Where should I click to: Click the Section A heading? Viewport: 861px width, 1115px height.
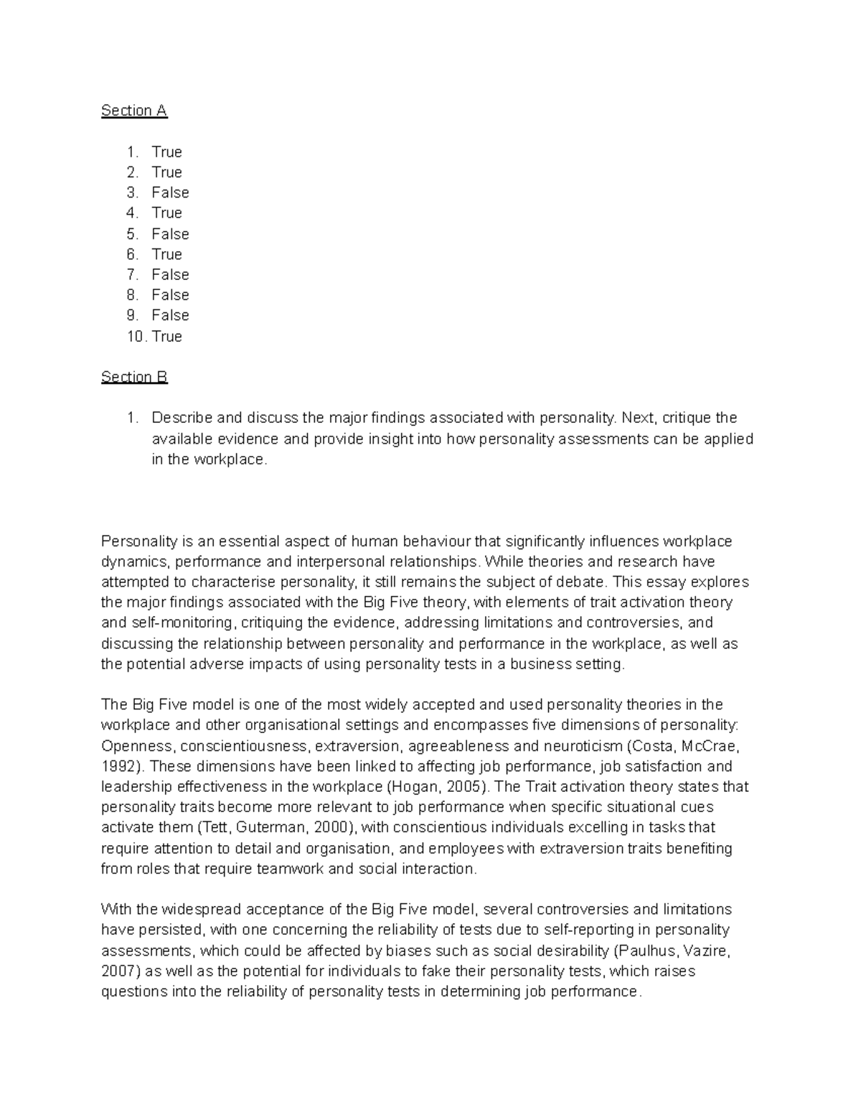click(x=134, y=111)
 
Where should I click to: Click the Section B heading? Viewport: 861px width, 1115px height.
click(x=134, y=377)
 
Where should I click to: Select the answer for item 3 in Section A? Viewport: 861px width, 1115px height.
click(x=170, y=192)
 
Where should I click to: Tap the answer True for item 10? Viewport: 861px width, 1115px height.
click(x=167, y=337)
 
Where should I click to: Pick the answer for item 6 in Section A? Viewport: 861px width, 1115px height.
click(x=167, y=254)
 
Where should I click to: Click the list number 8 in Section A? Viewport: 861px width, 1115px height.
click(x=131, y=295)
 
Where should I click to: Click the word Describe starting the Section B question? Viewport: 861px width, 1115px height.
click(x=182, y=418)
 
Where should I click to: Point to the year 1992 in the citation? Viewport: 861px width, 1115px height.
click(x=117, y=766)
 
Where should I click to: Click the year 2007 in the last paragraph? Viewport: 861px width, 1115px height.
click(x=118, y=971)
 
